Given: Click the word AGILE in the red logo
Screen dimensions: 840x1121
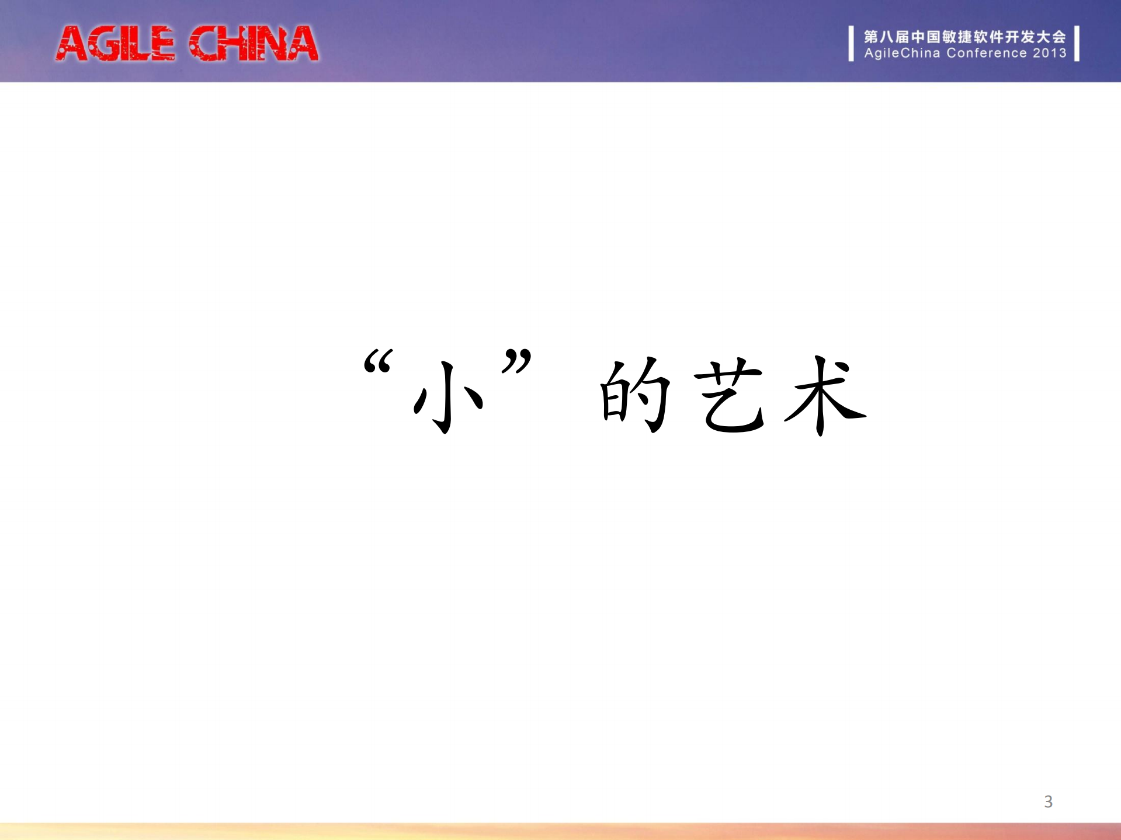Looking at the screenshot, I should [115, 44].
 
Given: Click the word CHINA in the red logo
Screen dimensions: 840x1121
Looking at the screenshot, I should [254, 44].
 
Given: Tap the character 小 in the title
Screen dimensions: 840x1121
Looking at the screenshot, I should [449, 397].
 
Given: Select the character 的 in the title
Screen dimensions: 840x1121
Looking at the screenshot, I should [636, 396].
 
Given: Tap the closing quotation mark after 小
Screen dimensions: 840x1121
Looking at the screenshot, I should [516, 361].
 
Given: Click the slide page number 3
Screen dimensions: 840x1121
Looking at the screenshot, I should [1048, 801].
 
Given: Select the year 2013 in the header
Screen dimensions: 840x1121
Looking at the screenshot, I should [1049, 53].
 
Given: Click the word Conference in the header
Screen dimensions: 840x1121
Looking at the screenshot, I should [987, 53].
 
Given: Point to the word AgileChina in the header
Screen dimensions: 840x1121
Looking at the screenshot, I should [902, 53].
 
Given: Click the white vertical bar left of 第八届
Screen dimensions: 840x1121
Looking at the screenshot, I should [851, 43].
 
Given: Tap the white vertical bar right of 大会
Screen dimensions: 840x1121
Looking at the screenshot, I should [1077, 43].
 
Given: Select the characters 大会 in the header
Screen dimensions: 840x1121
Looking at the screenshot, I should [1051, 37].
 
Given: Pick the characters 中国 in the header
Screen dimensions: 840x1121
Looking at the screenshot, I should [926, 37].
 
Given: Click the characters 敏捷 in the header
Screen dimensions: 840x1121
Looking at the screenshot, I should [957, 37].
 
